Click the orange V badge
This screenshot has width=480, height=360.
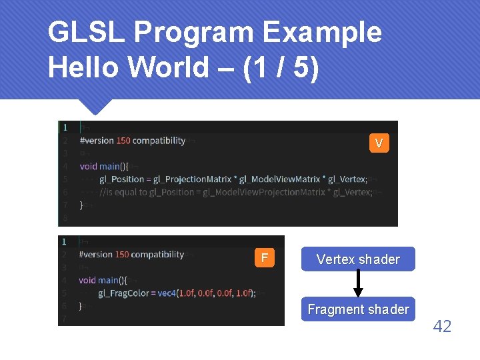tap(379, 143)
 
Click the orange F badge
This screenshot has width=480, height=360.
tap(265, 257)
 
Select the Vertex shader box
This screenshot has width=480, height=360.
tap(358, 259)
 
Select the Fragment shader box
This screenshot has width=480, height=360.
tap(358, 309)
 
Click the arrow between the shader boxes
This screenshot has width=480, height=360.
tap(358, 284)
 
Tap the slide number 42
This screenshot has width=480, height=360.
tap(442, 326)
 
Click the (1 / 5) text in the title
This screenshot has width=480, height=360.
tap(281, 68)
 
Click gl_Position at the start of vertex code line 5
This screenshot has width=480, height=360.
tap(122, 179)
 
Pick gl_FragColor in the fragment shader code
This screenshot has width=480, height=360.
tap(123, 293)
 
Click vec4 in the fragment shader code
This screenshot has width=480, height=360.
tap(163, 293)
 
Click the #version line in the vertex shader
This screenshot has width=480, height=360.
tap(132, 141)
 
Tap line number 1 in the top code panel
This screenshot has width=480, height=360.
tap(65, 127)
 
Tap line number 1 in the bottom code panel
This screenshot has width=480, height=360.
tap(64, 241)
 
